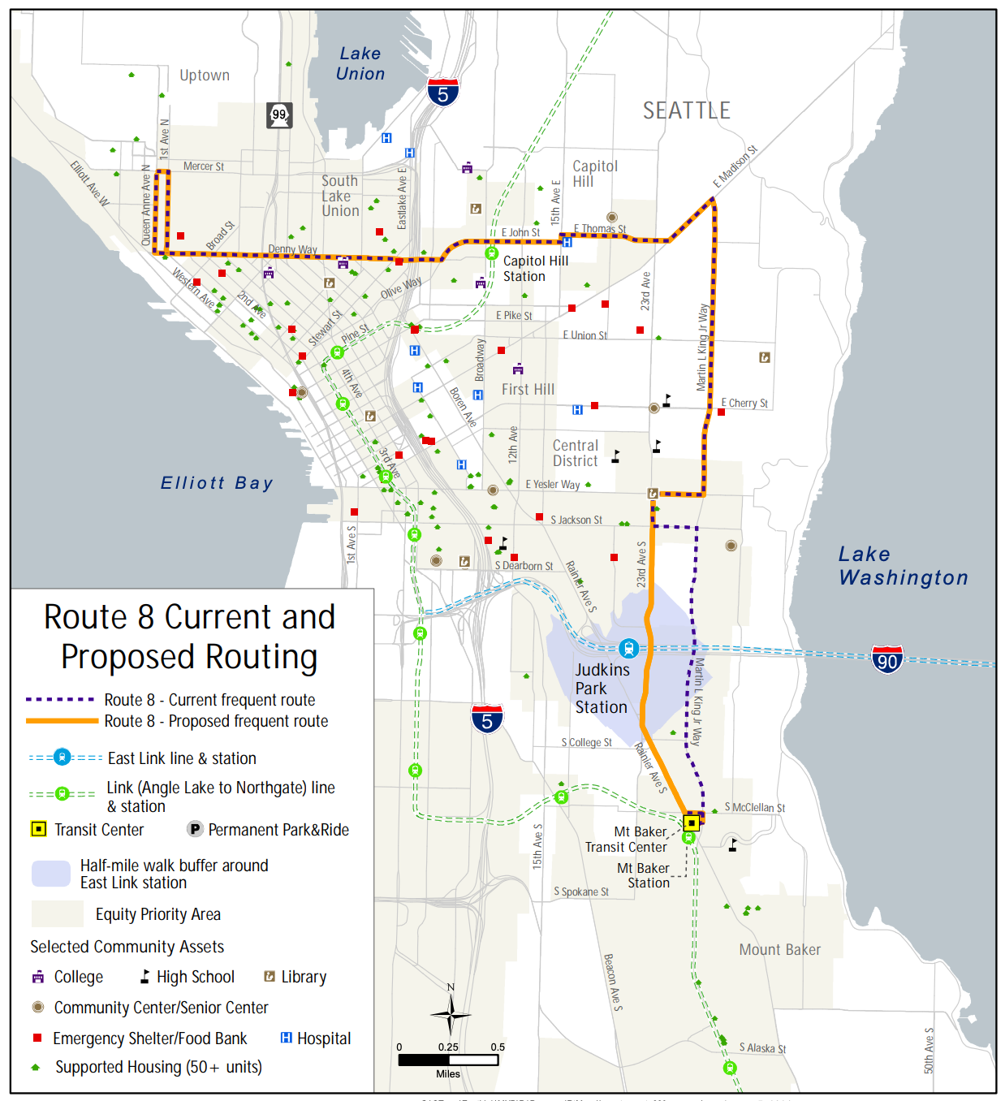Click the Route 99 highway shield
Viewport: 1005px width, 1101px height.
279,114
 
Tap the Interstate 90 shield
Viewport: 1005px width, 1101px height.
887,659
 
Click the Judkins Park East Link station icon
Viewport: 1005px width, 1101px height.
628,648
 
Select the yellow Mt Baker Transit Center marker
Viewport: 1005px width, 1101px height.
692,823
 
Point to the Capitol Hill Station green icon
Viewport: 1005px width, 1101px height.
491,253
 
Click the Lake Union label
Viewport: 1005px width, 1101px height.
360,63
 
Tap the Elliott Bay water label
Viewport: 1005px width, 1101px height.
217,483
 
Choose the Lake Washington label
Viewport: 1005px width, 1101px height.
903,566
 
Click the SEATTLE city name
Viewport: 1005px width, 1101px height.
686,110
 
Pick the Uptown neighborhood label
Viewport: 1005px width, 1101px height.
205,76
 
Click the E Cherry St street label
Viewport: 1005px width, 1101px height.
744,403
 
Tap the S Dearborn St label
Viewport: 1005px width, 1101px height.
524,566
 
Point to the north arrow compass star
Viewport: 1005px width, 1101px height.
450,1015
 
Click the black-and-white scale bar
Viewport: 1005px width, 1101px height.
448,1060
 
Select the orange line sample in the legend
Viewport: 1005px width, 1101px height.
62,721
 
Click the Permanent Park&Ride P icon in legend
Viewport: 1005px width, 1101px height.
195,829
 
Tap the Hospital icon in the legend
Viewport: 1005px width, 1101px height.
286,1038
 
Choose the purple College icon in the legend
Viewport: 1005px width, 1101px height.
38,977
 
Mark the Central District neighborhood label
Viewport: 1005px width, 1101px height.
576,453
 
